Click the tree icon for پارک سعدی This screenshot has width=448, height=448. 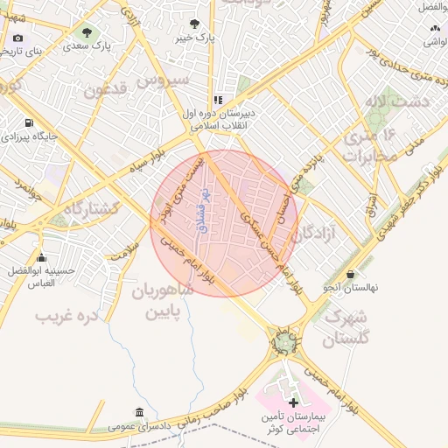coord(85,32)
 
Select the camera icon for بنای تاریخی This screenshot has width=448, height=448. coord(18,38)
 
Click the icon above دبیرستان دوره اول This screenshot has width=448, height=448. coord(218,101)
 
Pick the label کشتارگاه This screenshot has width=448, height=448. coord(78,210)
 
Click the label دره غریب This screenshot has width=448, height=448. coord(66,312)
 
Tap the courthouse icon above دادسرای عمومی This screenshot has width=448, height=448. coord(139,412)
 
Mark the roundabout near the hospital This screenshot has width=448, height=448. coord(284,343)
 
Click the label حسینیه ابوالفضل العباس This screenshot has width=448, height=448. coord(36,276)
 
